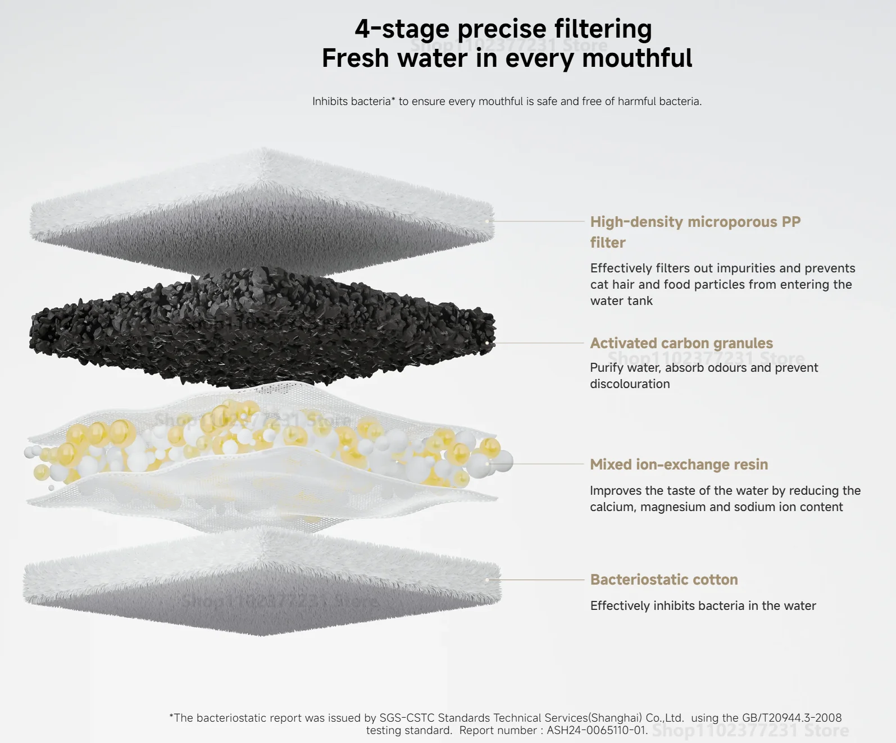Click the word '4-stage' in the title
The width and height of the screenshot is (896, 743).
(402, 29)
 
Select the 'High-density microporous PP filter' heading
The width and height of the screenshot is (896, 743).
(695, 232)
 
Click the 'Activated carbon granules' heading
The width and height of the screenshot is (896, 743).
(681, 343)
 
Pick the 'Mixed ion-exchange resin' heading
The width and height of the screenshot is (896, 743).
(679, 464)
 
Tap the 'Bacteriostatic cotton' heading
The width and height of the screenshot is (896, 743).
(664, 580)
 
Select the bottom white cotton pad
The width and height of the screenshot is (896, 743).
(262, 584)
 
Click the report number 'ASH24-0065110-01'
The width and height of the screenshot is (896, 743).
(597, 730)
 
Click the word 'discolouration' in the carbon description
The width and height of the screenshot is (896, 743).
(630, 384)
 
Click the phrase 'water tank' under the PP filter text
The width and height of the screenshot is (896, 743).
(621, 300)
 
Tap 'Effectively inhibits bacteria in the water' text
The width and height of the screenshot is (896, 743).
(703, 606)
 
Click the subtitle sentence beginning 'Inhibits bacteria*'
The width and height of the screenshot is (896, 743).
(507, 101)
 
